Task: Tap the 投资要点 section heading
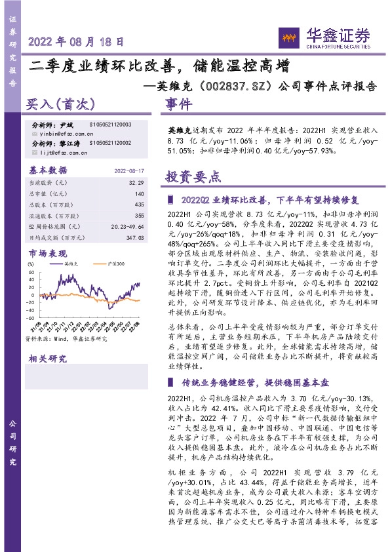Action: [x=193, y=177]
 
